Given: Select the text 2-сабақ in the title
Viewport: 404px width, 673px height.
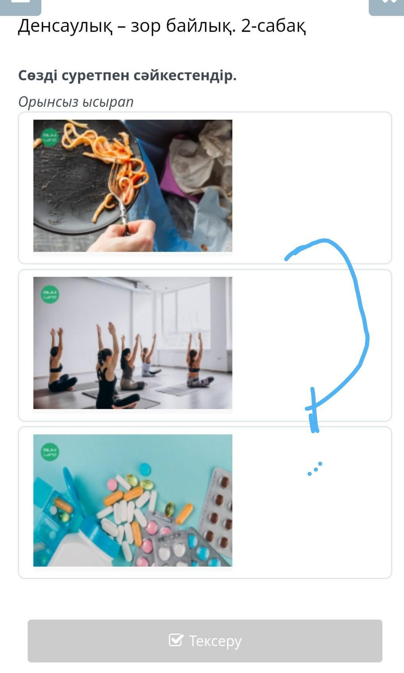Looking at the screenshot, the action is [x=273, y=26].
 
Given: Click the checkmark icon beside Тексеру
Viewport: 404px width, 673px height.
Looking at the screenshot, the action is [x=176, y=640].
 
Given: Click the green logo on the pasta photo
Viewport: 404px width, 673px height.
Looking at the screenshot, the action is [x=50, y=138].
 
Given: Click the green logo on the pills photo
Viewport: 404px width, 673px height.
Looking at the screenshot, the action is [x=50, y=452].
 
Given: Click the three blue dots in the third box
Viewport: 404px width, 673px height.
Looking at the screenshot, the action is [x=315, y=468].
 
